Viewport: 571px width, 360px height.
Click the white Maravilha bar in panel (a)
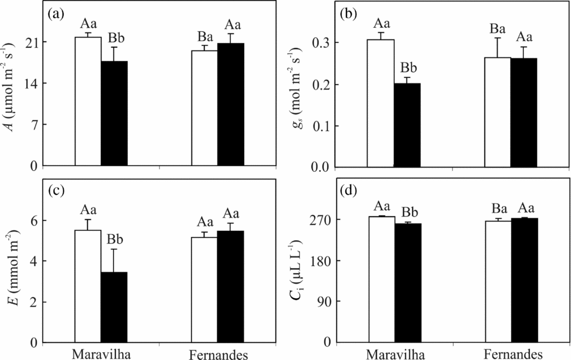coord(87,101)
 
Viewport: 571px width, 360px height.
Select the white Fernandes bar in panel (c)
coord(203,290)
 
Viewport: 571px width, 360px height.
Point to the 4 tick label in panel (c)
coord(34,261)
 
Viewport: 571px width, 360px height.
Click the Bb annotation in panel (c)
coord(114,240)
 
